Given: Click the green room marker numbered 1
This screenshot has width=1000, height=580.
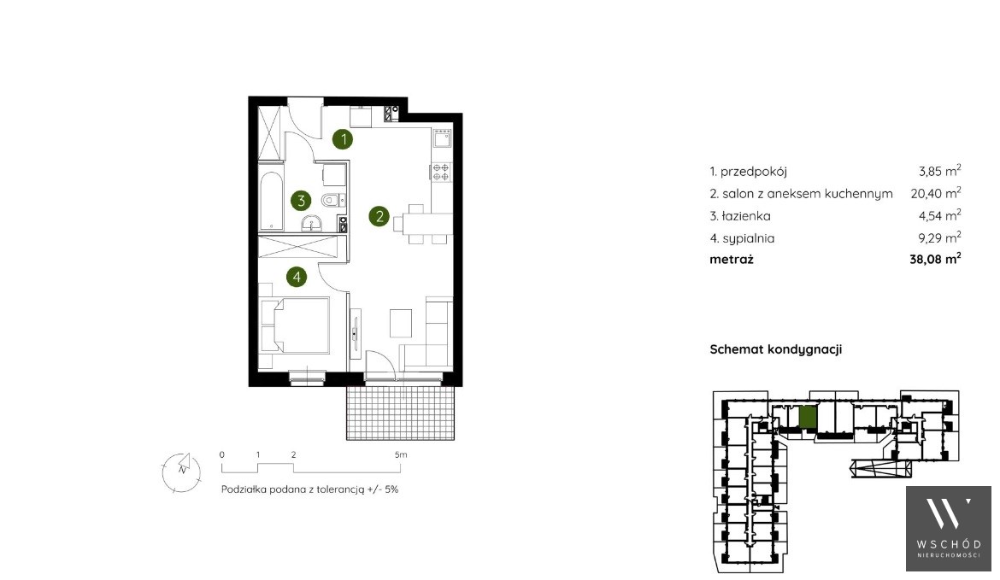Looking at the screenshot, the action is (x=343, y=139).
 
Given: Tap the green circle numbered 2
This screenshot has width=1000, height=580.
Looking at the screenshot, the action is (x=379, y=216).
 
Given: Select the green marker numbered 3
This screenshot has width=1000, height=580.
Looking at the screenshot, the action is (x=300, y=201).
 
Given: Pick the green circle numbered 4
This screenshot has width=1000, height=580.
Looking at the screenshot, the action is (x=297, y=277).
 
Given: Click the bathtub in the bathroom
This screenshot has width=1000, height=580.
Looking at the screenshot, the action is (x=271, y=200).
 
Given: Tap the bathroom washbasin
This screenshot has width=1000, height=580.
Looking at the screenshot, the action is (x=312, y=223).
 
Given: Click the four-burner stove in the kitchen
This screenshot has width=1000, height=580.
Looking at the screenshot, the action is (x=441, y=172).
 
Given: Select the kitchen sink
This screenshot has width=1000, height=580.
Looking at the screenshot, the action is (x=441, y=138).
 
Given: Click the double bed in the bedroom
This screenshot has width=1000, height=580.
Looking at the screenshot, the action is (x=295, y=325).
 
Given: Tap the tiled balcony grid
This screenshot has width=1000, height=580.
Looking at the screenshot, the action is (x=401, y=413).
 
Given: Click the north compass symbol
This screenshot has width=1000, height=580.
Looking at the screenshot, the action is (x=182, y=472).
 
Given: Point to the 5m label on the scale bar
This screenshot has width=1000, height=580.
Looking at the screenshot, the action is (x=401, y=455).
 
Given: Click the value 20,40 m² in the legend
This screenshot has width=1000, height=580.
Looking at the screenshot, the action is (x=936, y=192).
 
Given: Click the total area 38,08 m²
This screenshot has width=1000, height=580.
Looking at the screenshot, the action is (x=935, y=258).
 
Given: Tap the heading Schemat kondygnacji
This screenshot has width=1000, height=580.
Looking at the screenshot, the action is (x=775, y=349).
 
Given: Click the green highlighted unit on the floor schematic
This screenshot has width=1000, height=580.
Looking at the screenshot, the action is (x=808, y=417).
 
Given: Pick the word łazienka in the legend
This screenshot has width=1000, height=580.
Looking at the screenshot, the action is (x=745, y=216).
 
